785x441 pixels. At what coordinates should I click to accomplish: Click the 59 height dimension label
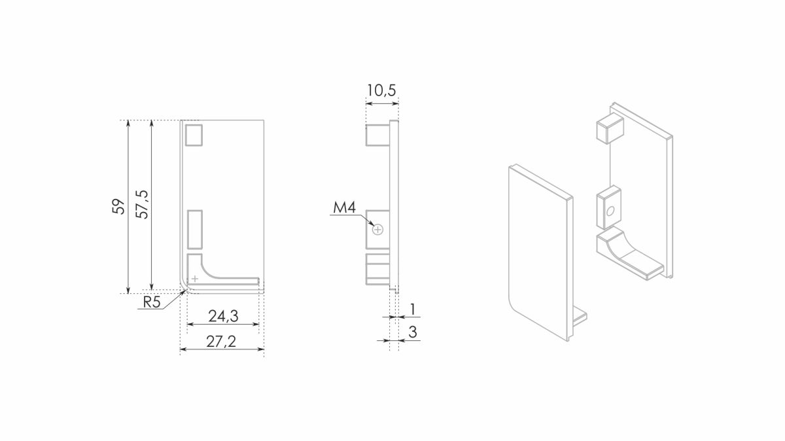pos(118,207)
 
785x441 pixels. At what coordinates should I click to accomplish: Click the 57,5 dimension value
pos(143,204)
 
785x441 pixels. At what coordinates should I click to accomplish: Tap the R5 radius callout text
pos(152,302)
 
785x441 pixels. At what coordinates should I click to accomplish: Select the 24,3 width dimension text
pos(223,316)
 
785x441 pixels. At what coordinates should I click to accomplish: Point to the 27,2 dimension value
pos(221,342)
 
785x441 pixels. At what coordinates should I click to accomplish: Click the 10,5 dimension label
pos(381,90)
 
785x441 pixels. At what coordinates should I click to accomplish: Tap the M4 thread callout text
pos(344,207)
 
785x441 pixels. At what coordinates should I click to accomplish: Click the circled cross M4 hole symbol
pos(378,230)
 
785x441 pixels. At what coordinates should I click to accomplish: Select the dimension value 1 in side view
pos(413,309)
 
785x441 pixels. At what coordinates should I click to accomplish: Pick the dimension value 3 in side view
pos(413,332)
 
